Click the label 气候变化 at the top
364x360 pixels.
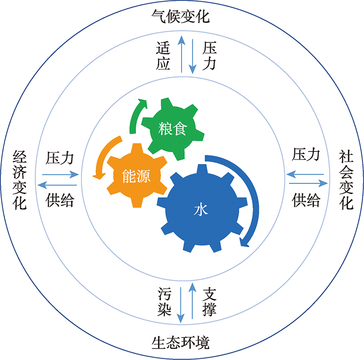click(181, 16)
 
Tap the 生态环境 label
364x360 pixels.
click(181, 343)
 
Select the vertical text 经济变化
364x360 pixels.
click(20, 180)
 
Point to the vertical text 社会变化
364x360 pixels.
click(346, 180)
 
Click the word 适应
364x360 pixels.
click(163, 55)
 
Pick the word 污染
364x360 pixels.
click(164, 301)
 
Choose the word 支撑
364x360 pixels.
click(209, 301)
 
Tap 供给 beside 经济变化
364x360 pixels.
click(60, 200)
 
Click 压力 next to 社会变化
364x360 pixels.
click(306, 154)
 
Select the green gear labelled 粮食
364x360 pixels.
click(173, 129)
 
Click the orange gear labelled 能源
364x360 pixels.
click(137, 175)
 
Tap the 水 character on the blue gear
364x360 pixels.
click(201, 210)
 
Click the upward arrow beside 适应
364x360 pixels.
click(182, 54)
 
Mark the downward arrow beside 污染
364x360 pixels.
click(181, 305)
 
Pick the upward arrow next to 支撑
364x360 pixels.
click(192, 301)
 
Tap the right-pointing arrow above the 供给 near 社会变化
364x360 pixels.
click(308, 183)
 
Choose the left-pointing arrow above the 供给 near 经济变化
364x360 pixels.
click(57, 185)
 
